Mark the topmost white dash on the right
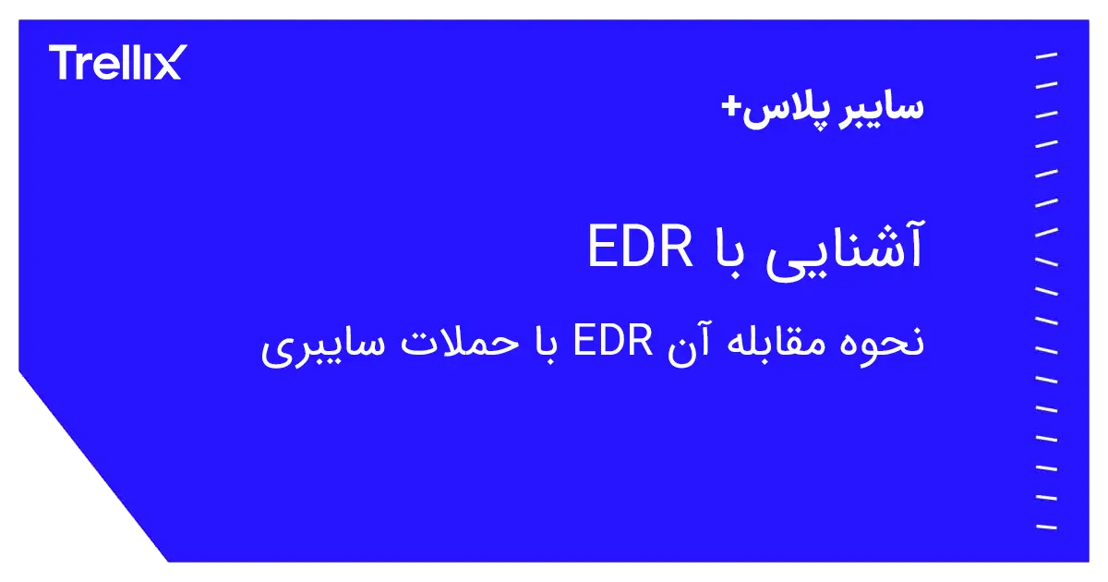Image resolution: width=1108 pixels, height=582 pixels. coord(1046,56)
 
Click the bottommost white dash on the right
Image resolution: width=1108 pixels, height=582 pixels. coord(1046,527)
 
